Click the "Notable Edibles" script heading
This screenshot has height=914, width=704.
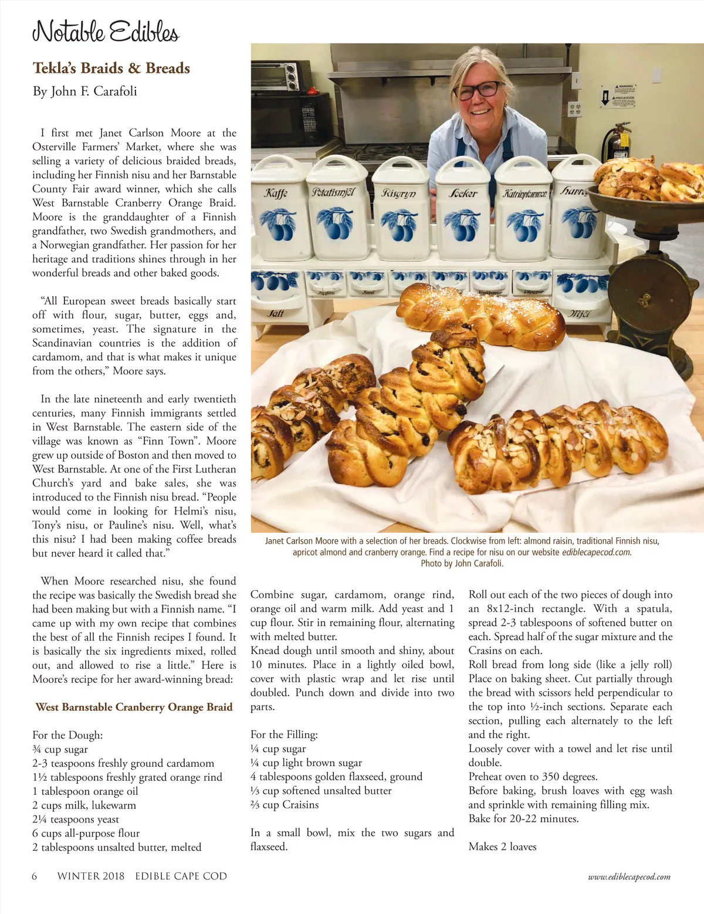coord(106,31)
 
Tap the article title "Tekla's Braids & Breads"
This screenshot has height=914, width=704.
coord(111,68)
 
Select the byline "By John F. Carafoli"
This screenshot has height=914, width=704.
coord(84,91)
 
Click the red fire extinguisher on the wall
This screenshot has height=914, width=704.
coord(620,144)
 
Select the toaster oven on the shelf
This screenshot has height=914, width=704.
coord(286,76)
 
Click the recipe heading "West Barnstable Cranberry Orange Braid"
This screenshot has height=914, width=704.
coord(134,707)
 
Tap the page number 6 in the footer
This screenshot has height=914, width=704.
coord(35,876)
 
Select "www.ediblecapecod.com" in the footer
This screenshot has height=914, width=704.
coord(629,877)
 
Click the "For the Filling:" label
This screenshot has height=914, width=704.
coord(284,734)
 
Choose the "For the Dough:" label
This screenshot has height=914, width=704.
coord(67,735)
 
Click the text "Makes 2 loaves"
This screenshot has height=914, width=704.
coord(502,847)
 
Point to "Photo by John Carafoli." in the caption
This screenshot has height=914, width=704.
coord(462,564)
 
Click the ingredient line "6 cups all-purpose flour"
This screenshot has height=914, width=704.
coord(86,833)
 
